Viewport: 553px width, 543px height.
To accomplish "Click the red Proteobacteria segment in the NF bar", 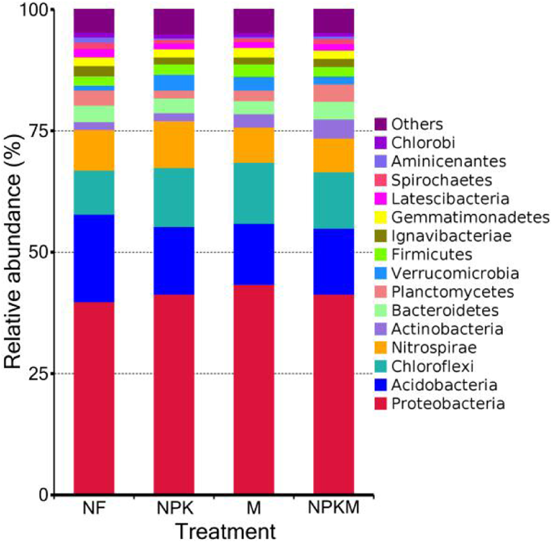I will point(94,398).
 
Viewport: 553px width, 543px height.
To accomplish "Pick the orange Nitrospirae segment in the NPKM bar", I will point(333,155).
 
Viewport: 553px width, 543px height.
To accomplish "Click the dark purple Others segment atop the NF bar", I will point(94,21).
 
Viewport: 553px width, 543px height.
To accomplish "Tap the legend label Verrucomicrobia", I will point(455,273).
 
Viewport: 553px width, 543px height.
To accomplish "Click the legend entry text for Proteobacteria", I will point(448,404).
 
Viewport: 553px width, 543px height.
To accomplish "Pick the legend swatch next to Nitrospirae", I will point(380,348).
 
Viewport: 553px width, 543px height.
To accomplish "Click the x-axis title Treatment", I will point(225,532).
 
